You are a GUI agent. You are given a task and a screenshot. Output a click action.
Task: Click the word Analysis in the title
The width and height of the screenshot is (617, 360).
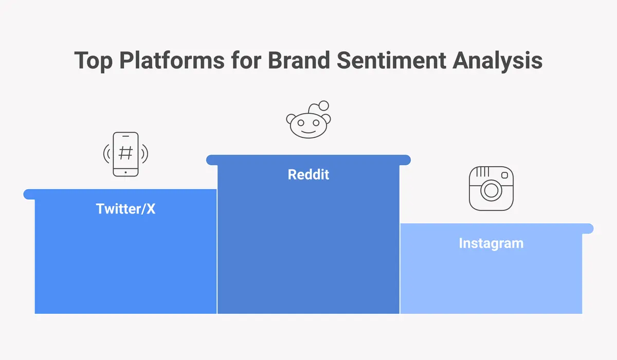point(498,60)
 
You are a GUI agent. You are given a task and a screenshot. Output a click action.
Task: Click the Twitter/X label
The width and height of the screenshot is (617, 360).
point(125,209)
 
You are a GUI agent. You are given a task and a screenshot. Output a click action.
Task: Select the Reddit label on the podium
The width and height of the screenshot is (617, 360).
point(308,174)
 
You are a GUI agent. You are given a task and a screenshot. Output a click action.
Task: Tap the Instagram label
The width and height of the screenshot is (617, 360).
point(491,243)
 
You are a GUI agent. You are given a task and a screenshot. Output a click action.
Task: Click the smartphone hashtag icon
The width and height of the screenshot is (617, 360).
point(125,154)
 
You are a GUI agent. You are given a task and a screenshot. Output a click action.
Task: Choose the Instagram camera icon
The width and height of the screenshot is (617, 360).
point(491,188)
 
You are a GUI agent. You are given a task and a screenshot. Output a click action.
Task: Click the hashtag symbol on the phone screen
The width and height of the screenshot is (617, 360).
point(125,153)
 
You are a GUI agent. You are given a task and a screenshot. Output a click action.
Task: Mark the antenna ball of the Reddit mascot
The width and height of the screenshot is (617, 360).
point(323,105)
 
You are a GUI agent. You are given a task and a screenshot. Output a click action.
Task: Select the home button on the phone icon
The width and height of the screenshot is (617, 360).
point(125,173)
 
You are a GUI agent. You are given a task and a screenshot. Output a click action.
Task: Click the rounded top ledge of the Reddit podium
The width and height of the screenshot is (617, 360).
point(308,160)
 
